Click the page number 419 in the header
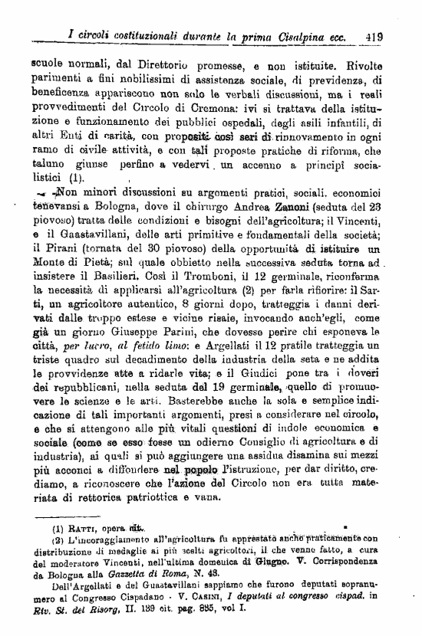pos(375,35)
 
